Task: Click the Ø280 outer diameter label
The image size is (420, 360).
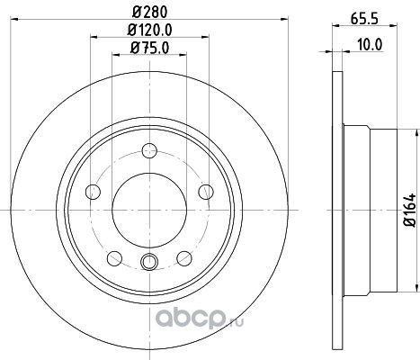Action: click(149, 12)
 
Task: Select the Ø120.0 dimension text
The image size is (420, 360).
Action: click(149, 30)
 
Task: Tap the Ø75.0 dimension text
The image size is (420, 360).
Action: click(149, 48)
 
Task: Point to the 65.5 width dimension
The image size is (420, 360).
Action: click(364, 19)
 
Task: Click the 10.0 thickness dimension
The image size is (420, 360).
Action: click(370, 45)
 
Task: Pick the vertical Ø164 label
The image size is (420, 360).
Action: click(410, 210)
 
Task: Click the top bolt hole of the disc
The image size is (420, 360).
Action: click(149, 150)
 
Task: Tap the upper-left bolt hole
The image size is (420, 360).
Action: click(93, 192)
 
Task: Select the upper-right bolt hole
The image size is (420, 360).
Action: click(206, 192)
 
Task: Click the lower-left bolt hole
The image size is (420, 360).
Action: click(114, 258)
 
